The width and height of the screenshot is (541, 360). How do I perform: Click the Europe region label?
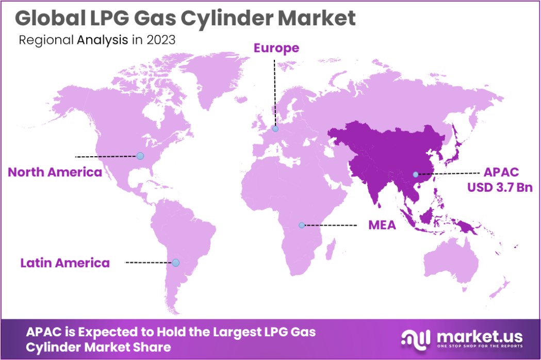(276, 48)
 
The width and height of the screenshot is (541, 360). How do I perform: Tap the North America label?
(55, 172)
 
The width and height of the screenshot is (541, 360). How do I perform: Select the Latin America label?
(65, 263)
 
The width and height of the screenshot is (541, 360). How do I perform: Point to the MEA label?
(382, 225)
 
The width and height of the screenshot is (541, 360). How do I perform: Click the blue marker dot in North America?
(140, 156)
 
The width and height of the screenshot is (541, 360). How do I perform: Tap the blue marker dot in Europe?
(275, 129)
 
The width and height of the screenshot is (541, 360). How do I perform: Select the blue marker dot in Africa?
(302, 225)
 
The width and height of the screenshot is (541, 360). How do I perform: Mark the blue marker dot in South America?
(176, 263)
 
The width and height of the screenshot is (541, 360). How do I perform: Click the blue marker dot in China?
(416, 174)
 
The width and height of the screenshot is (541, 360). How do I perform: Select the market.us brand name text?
(479, 337)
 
